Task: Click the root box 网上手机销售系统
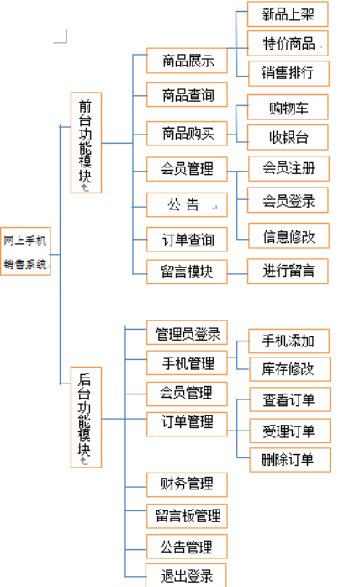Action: [25, 251]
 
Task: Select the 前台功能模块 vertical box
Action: [86, 143]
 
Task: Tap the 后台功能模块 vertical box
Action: [86, 417]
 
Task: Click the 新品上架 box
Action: [288, 13]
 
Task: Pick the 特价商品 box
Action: [288, 44]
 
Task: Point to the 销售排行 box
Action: [289, 73]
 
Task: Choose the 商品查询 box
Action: [187, 95]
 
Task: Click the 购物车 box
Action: [288, 107]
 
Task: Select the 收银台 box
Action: [288, 137]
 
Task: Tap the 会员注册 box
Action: [289, 168]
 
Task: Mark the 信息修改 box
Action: [289, 235]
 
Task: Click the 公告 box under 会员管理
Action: [187, 204]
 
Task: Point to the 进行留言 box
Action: [288, 271]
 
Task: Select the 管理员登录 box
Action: [187, 332]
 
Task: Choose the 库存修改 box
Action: [289, 369]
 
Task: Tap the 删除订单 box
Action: [289, 460]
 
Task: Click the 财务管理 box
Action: [187, 484]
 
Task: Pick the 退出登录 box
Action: [186, 575]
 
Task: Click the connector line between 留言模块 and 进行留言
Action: [237, 274]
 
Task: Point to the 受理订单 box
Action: [289, 431]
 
